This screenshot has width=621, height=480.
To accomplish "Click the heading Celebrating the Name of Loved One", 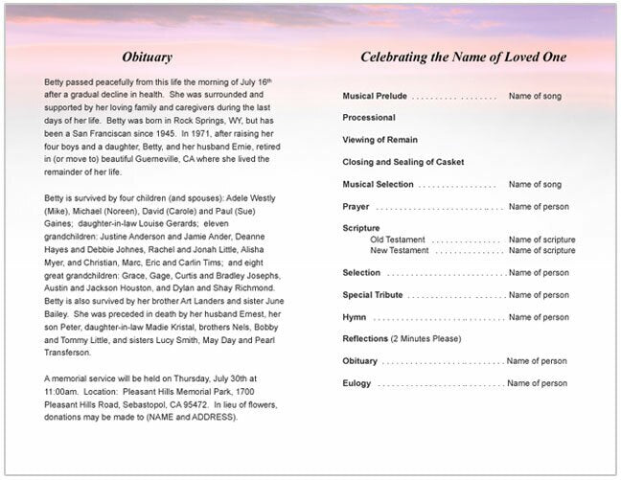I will tap(463, 57).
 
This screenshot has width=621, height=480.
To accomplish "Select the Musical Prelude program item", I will tap(375, 97).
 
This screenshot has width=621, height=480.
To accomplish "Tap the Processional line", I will tap(369, 118).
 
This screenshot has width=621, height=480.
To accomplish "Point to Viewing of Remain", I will tap(381, 140).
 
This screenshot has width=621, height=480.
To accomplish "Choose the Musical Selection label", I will tap(379, 184).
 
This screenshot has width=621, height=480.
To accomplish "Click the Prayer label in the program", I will tap(356, 206).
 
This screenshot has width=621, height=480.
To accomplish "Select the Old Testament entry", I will tap(401, 240).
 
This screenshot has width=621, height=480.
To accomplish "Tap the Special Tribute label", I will tap(373, 295).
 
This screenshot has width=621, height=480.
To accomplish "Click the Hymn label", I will tap(355, 317).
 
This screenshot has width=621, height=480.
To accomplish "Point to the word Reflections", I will tap(365, 339).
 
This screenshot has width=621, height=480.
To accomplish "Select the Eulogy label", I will tap(357, 383).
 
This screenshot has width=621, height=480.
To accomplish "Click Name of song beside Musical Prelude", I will tap(535, 97).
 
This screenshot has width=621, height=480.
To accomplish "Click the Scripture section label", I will tap(361, 228).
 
